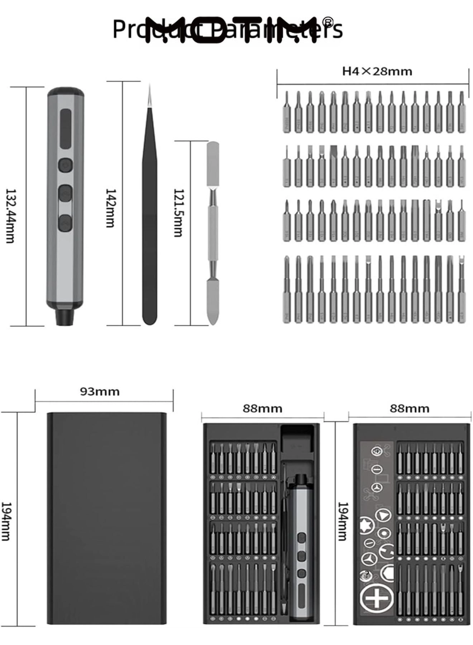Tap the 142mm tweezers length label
(x=110, y=208)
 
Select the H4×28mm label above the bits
(x=377, y=71)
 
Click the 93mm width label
(x=100, y=391)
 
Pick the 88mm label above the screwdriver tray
(x=262, y=408)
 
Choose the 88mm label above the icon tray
(x=410, y=408)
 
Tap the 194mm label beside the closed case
(x=6, y=521)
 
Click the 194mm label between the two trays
(x=342, y=521)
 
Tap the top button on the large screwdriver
(x=66, y=165)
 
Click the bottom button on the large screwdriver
(x=66, y=223)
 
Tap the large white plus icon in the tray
(x=376, y=597)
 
